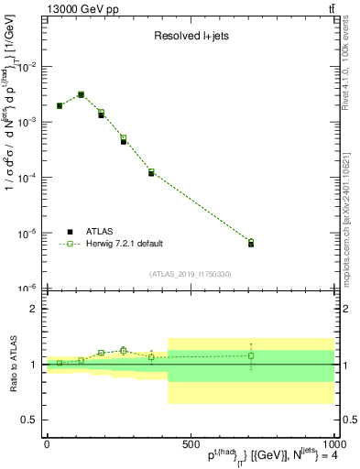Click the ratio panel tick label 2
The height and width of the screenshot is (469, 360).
click(x=34, y=309)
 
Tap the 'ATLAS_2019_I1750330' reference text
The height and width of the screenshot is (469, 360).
click(x=191, y=274)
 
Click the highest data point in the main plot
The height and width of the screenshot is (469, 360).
click(x=81, y=94)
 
